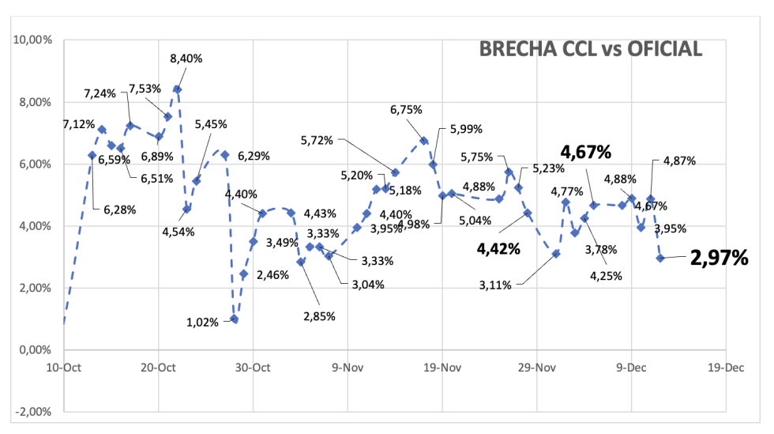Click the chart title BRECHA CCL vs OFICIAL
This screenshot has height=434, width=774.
pyautogui.click(x=591, y=49)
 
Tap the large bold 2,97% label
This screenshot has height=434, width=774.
pyautogui.click(x=719, y=257)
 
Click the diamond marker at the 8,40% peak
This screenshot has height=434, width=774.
pyautogui.click(x=177, y=89)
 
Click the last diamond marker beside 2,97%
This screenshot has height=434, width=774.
pyautogui.click(x=660, y=258)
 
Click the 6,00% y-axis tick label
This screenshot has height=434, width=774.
pyautogui.click(x=32, y=164)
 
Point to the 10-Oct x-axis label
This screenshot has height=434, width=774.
pyautogui.click(x=64, y=368)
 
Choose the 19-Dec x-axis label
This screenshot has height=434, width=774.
pyautogui.click(x=726, y=368)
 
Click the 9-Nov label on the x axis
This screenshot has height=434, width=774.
pyautogui.click(x=348, y=368)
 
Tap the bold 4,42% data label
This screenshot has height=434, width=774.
pyautogui.click(x=498, y=249)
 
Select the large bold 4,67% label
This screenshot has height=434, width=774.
pyautogui.click(x=588, y=152)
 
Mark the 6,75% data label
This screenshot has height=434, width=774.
pyautogui.click(x=407, y=111)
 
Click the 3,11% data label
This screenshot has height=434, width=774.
pyautogui.click(x=494, y=285)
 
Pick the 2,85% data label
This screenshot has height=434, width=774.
pyautogui.click(x=319, y=316)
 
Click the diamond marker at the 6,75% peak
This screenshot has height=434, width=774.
pyautogui.click(x=423, y=141)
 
